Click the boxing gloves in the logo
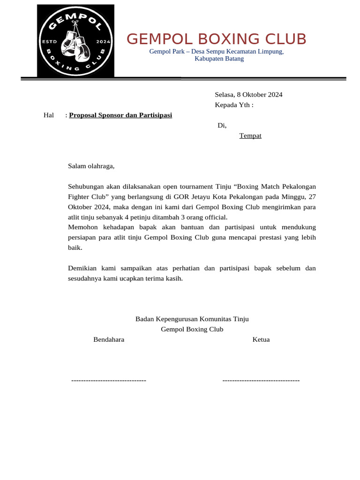75,44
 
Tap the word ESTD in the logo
49,42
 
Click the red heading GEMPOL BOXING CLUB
217,39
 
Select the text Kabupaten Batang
219,59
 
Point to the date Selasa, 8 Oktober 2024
248,95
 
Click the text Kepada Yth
233,105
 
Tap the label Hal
49,115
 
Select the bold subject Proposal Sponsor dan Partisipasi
120,115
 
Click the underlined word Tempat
250,136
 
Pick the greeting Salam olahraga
91,166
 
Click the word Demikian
83,269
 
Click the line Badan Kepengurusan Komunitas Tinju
192,319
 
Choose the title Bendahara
109,340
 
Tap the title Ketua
261,340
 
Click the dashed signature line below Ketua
261,380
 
